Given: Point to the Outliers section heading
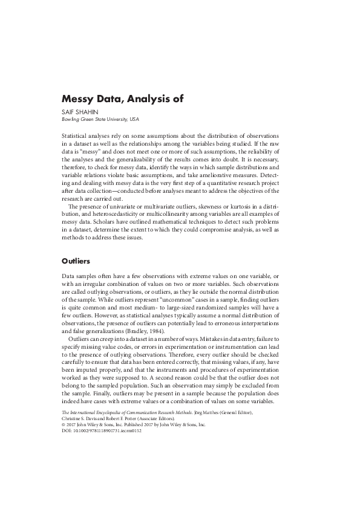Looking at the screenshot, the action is [x=76, y=262].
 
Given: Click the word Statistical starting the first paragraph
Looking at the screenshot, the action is [x=78, y=137].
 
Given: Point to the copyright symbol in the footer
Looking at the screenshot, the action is [x=64, y=426].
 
